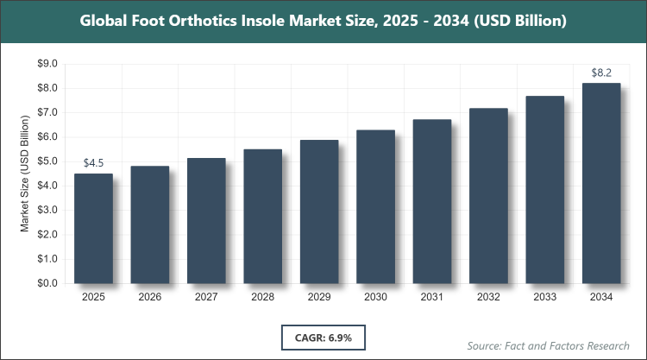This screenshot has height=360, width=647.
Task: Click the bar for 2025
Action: [93, 229]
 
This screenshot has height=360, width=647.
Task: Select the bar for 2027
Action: [206, 221]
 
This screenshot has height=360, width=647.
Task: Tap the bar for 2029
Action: [319, 212]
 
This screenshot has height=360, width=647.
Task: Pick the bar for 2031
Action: [432, 201]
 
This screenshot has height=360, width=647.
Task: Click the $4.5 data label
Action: [93, 162]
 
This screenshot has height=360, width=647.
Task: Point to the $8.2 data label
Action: [601, 73]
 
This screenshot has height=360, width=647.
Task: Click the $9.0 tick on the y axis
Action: [46, 64]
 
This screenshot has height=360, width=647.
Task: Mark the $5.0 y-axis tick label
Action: [46, 161]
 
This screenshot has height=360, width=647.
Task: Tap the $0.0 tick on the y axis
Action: [46, 283]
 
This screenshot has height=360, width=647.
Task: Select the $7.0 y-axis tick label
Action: [46, 112]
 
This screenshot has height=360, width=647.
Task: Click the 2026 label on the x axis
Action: [150, 298]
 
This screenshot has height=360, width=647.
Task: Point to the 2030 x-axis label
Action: [375, 298]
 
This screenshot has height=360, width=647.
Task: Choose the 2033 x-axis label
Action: [545, 298]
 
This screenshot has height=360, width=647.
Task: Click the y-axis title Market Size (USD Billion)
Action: [25, 174]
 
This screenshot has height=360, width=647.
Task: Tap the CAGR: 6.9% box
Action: [323, 337]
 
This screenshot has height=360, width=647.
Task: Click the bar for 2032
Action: [488, 196]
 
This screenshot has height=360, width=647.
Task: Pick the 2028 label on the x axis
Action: [262, 298]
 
